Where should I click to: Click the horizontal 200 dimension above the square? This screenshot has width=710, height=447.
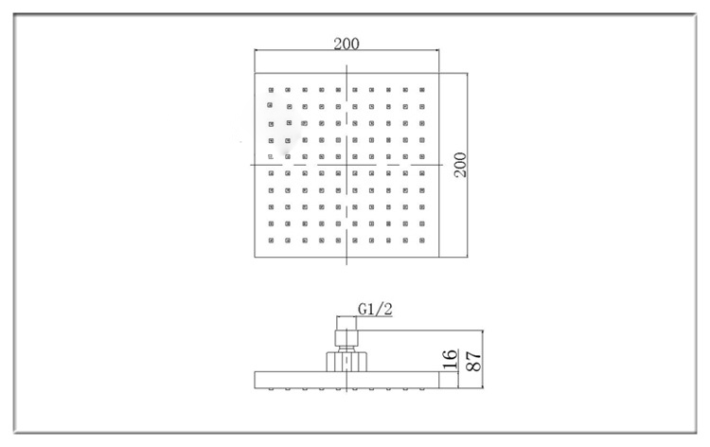tap(346, 44)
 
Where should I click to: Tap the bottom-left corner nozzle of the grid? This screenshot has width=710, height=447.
tap(271, 241)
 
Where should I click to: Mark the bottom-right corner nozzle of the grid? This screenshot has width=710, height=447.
tap(424, 241)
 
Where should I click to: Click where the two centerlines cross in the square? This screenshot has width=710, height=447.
tap(347, 166)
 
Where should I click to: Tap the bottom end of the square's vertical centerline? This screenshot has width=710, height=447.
tap(347, 263)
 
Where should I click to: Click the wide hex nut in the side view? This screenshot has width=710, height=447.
tap(346, 361)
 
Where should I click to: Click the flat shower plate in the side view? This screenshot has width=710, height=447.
tap(347, 380)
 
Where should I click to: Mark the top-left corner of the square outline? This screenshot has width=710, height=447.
tap(256, 73)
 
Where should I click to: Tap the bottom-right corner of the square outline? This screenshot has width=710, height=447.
tap(440, 258)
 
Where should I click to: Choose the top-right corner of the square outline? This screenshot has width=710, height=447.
tap(440, 73)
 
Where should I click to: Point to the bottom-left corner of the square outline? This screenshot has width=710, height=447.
tap(256, 258)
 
